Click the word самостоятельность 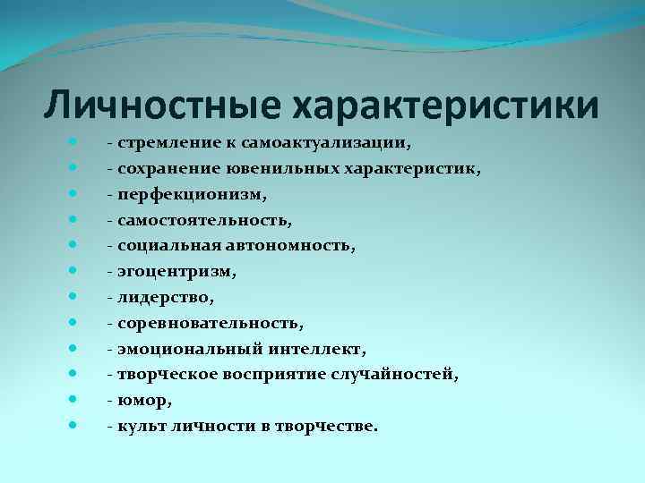197,218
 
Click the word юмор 139,400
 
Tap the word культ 136,426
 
